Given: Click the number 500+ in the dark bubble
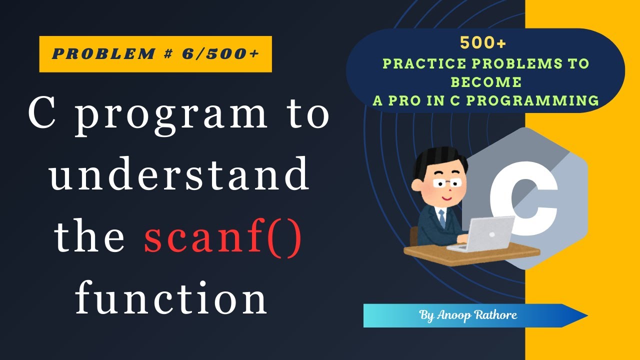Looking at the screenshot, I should [483, 44].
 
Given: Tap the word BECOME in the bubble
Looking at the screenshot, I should [485, 82].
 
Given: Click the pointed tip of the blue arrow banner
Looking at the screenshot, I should [585, 315].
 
